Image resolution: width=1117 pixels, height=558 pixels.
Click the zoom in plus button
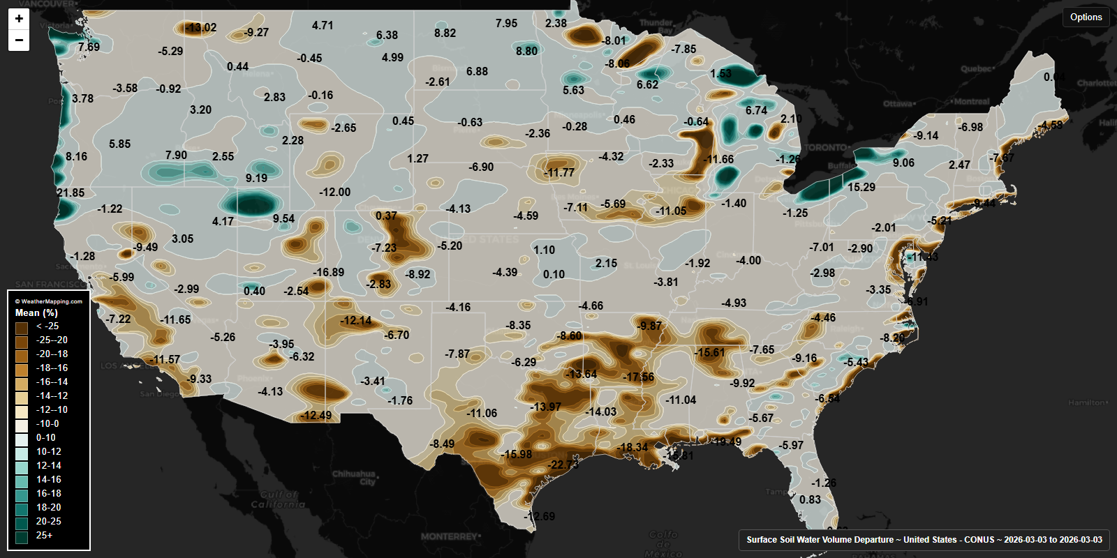19,19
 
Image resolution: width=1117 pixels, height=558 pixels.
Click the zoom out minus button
19,40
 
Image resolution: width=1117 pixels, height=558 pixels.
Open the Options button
1086,17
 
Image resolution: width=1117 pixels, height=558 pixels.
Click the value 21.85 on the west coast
71,193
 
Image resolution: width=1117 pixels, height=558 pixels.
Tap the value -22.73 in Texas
563,465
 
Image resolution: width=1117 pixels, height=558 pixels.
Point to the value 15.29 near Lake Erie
861,188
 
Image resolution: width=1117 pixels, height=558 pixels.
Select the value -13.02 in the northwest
201,28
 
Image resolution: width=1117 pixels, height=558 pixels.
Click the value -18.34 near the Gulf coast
633,448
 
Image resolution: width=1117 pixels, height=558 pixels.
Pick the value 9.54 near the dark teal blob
283,219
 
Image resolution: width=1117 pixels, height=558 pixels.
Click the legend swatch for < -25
22,326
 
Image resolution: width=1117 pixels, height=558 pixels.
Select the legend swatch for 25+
22,536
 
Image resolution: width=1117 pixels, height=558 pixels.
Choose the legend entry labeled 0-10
46,438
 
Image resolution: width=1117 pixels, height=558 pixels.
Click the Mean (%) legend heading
36,313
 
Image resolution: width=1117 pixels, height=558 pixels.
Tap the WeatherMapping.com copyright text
49,301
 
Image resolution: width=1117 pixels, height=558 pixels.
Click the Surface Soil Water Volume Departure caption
924,540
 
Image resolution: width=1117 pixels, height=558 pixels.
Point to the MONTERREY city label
449,536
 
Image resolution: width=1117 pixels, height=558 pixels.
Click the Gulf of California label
278,499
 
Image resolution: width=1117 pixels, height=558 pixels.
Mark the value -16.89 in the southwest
328,273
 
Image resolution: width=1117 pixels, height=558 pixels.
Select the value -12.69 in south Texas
540,517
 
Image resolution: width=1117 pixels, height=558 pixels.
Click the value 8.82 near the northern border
445,33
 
